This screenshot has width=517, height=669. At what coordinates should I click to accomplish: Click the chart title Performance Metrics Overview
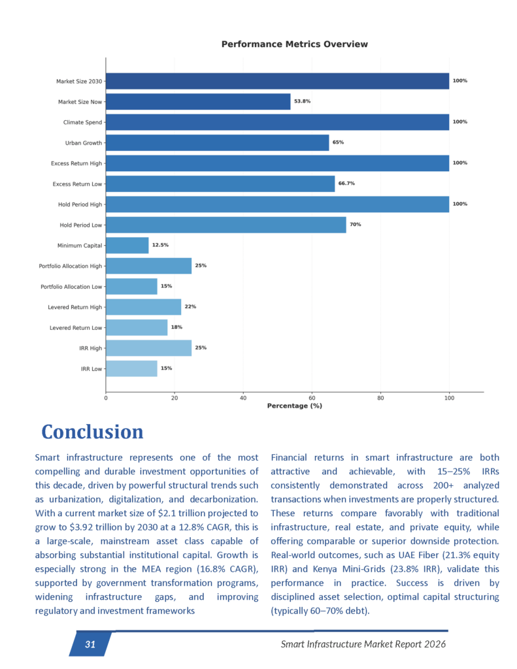pos(294,44)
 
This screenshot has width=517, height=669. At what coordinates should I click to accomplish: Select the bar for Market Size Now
pos(197,101)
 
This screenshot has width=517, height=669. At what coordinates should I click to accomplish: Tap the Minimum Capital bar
pos(127,245)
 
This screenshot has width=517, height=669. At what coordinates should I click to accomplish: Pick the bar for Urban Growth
pos(217,142)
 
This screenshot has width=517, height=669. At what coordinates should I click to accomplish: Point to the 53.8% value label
pos(302,101)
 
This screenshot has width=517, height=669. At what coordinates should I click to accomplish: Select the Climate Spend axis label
pos(82,122)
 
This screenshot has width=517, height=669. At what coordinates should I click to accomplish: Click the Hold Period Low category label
pos(80,225)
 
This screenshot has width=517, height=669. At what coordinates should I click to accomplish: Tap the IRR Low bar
pos(131,368)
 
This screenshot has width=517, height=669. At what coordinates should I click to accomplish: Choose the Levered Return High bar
pos(143,307)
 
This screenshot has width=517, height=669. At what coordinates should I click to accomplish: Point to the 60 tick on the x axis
pos(312,397)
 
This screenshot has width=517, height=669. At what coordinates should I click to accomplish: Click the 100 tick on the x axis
pos(449,397)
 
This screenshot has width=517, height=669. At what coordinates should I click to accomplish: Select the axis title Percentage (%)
pos(294,406)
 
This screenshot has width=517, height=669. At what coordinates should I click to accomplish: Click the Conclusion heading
pos(92,432)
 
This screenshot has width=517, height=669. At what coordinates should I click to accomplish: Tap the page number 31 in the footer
pos(90,645)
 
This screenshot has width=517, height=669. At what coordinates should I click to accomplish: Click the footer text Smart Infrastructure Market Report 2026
pos(363,645)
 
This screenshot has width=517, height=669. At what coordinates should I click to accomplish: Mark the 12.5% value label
pos(161,245)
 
